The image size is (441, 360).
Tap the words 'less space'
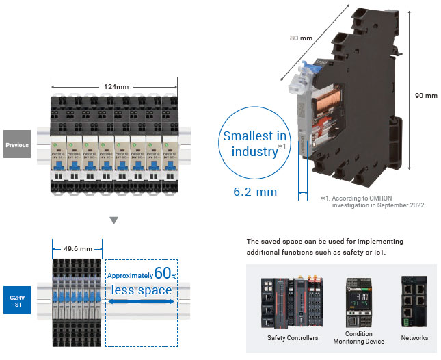coord(142,290)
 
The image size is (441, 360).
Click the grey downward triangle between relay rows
coord(114,220)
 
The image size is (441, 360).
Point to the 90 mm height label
coord(426,96)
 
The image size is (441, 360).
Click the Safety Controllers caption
coord(292,337)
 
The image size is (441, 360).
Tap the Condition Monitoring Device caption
coord(358,337)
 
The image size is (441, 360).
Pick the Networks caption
coord(414,337)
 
